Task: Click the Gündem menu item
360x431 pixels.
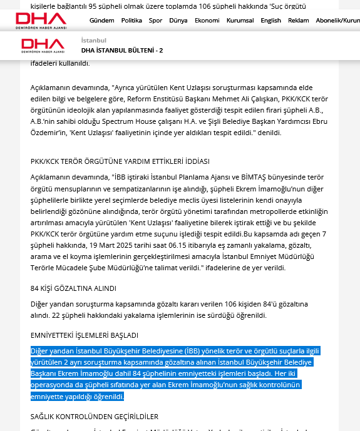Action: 101,20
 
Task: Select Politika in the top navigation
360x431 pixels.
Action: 131,20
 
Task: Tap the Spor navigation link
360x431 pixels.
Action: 155,20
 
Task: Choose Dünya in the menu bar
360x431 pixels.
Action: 178,20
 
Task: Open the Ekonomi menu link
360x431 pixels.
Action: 207,20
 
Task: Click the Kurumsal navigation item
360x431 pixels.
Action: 240,20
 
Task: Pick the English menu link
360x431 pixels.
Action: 271,20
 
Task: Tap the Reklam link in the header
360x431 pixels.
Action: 298,20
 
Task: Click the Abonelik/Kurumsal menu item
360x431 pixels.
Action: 337,20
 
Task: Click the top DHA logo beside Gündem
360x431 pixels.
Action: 41,20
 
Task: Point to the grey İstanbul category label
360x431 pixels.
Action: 94,40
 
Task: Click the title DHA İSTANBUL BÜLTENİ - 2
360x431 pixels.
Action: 122,50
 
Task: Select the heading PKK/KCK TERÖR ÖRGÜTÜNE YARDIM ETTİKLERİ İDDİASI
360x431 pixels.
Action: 120,161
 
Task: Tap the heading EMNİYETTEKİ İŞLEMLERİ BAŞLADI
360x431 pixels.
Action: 85,335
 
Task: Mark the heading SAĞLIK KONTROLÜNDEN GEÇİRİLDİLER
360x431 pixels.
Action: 95,417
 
